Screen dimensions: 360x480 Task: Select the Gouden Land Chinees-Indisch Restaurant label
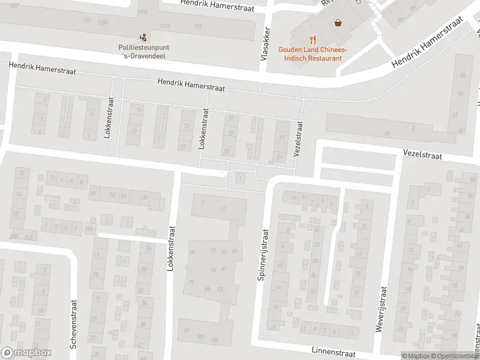(x=310, y=54)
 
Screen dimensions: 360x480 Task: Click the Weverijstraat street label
(x=381, y=308)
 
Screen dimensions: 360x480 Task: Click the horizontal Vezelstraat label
(x=422, y=155)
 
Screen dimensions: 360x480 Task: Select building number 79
(x=191, y=282)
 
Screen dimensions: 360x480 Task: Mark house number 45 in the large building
(x=235, y=251)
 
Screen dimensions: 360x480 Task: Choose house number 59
(x=207, y=289)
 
